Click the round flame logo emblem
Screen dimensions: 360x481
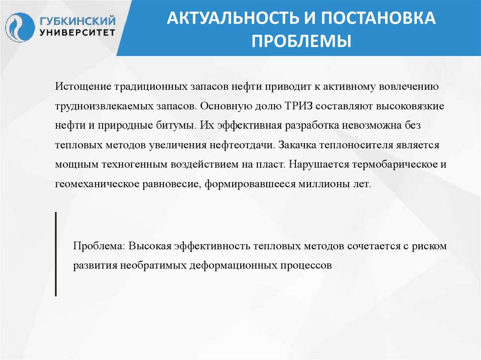[20, 27]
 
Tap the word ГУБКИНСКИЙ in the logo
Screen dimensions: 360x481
[78, 21]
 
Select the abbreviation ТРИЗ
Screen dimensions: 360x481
[299, 107]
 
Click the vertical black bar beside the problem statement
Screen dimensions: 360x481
[56, 254]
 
